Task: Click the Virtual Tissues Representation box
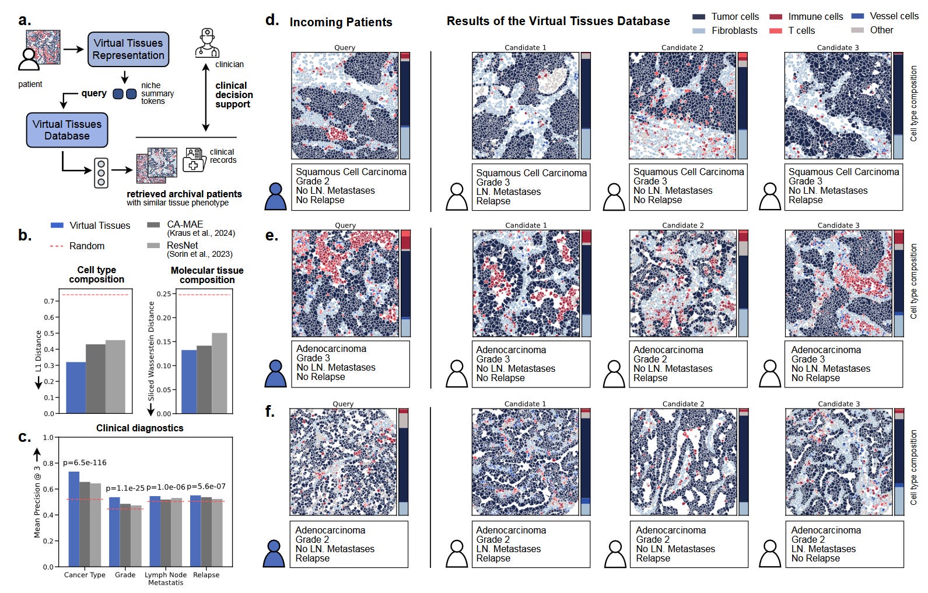point(128,49)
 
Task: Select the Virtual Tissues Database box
point(67,130)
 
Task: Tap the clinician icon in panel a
point(207,43)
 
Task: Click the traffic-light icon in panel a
point(101,173)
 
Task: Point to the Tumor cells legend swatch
point(698,17)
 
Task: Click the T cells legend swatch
point(775,31)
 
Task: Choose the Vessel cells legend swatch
point(857,16)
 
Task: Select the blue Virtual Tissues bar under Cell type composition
point(76,388)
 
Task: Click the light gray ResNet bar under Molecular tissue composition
point(219,373)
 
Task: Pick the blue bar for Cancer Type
point(74,519)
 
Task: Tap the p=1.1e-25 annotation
point(125,488)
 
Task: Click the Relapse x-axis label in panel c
point(206,575)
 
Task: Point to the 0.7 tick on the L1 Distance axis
point(49,301)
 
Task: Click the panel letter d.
point(272,20)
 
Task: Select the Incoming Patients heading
point(341,22)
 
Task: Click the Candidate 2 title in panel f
point(683,404)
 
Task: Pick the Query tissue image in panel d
point(345,105)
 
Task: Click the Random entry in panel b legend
point(86,246)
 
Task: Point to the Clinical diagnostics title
point(139,428)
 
